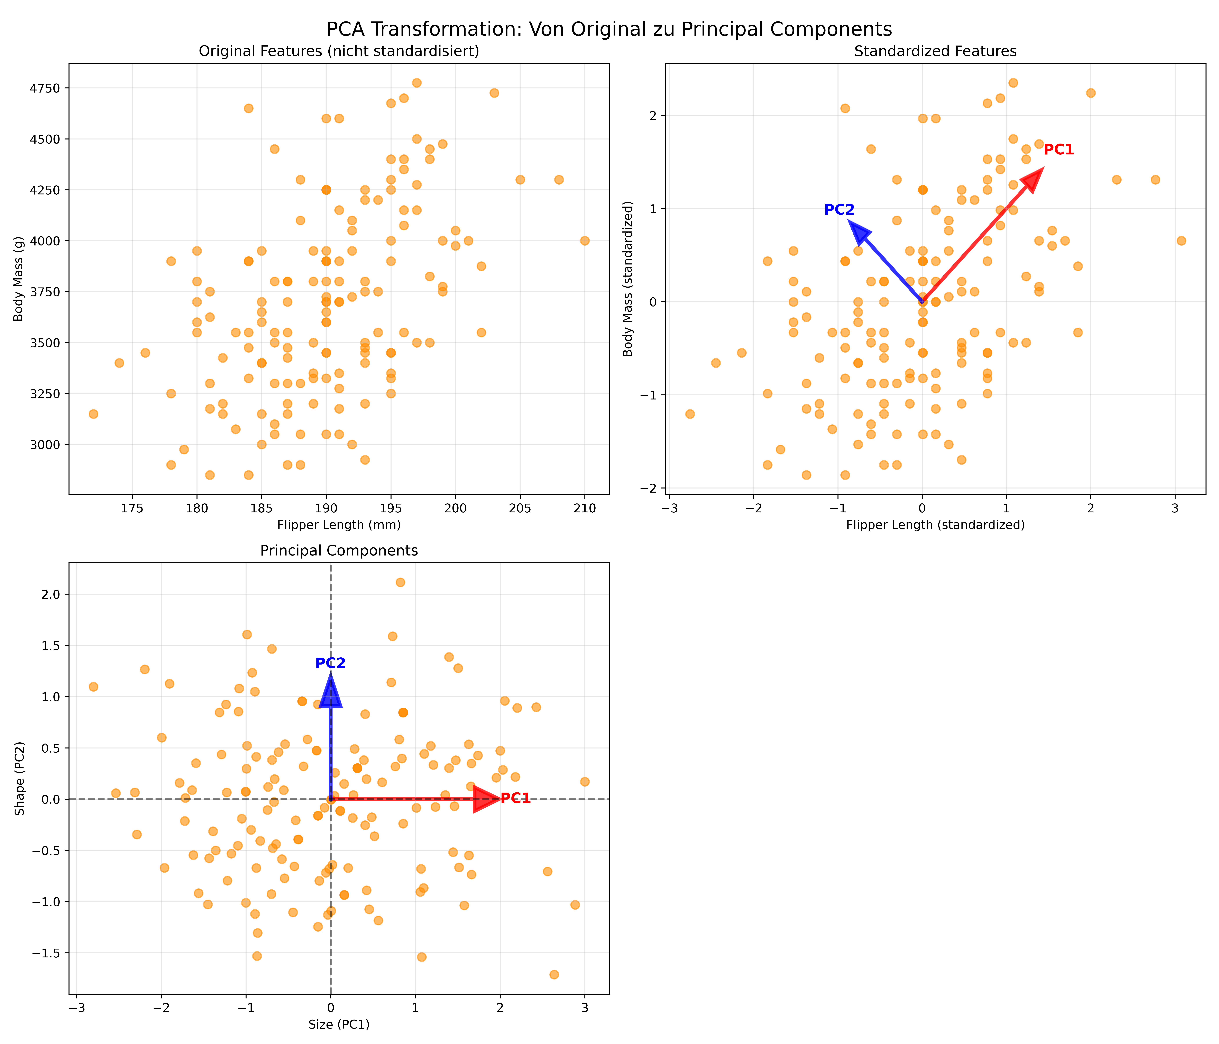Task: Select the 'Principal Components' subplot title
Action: pos(339,551)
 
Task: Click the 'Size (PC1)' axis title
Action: pos(339,1025)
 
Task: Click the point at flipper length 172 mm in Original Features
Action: pos(93,414)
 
